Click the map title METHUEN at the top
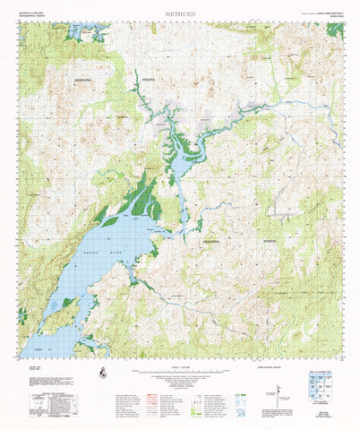[180, 14]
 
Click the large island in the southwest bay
[59, 317]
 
